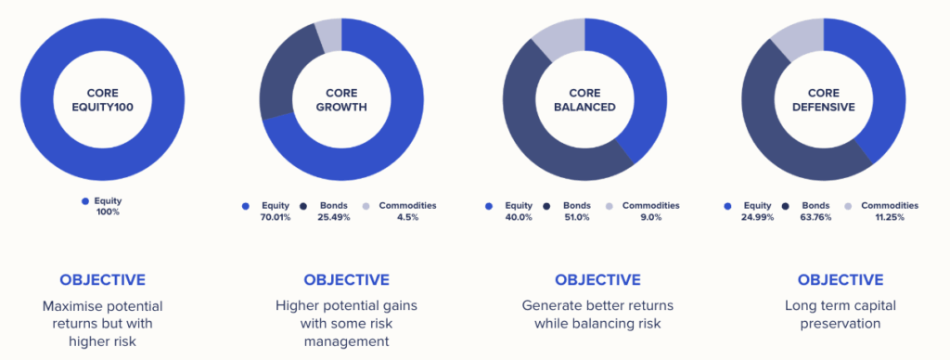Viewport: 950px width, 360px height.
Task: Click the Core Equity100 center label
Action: coord(102,100)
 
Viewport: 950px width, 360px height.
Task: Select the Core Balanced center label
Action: coord(584,100)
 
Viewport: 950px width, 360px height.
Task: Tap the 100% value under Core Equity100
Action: coord(108,212)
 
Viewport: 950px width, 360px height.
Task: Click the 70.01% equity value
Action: coord(275,217)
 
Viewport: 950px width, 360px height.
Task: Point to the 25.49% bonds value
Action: coord(334,217)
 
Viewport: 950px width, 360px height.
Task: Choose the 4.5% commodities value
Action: coord(407,217)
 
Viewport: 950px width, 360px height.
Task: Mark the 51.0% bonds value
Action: coord(576,217)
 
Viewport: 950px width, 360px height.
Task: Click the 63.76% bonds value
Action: coord(815,217)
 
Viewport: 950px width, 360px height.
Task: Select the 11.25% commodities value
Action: coord(890,217)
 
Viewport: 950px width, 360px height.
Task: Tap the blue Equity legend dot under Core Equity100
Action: coord(84,201)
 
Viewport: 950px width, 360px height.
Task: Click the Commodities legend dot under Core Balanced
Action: coord(610,207)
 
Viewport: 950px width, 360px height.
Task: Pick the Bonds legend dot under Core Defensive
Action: coord(786,207)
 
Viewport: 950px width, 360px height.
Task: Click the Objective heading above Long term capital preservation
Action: coord(841,280)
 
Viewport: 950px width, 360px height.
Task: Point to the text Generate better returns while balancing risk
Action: coord(597,315)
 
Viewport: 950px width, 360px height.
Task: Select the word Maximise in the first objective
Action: coord(67,306)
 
